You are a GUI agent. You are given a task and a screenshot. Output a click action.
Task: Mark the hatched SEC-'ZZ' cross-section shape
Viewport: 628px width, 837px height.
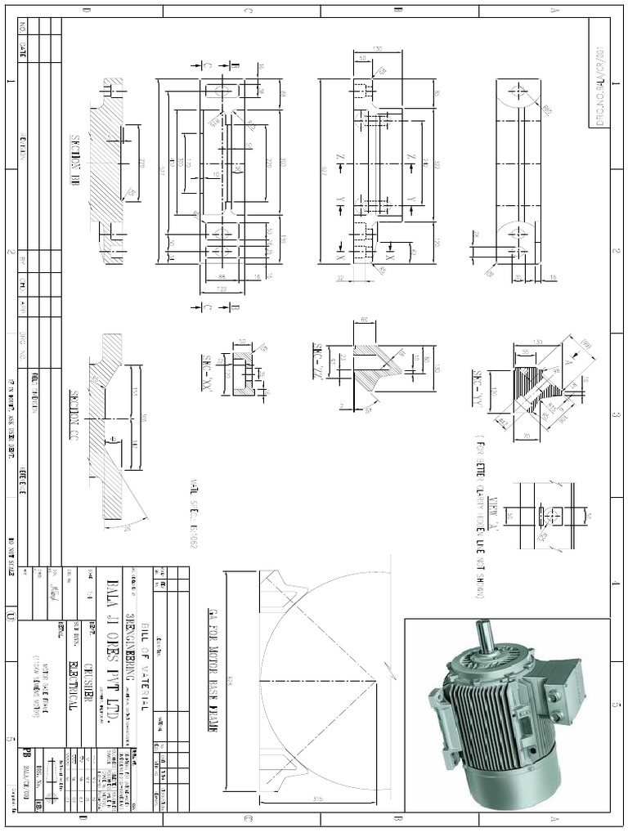(x=376, y=364)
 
